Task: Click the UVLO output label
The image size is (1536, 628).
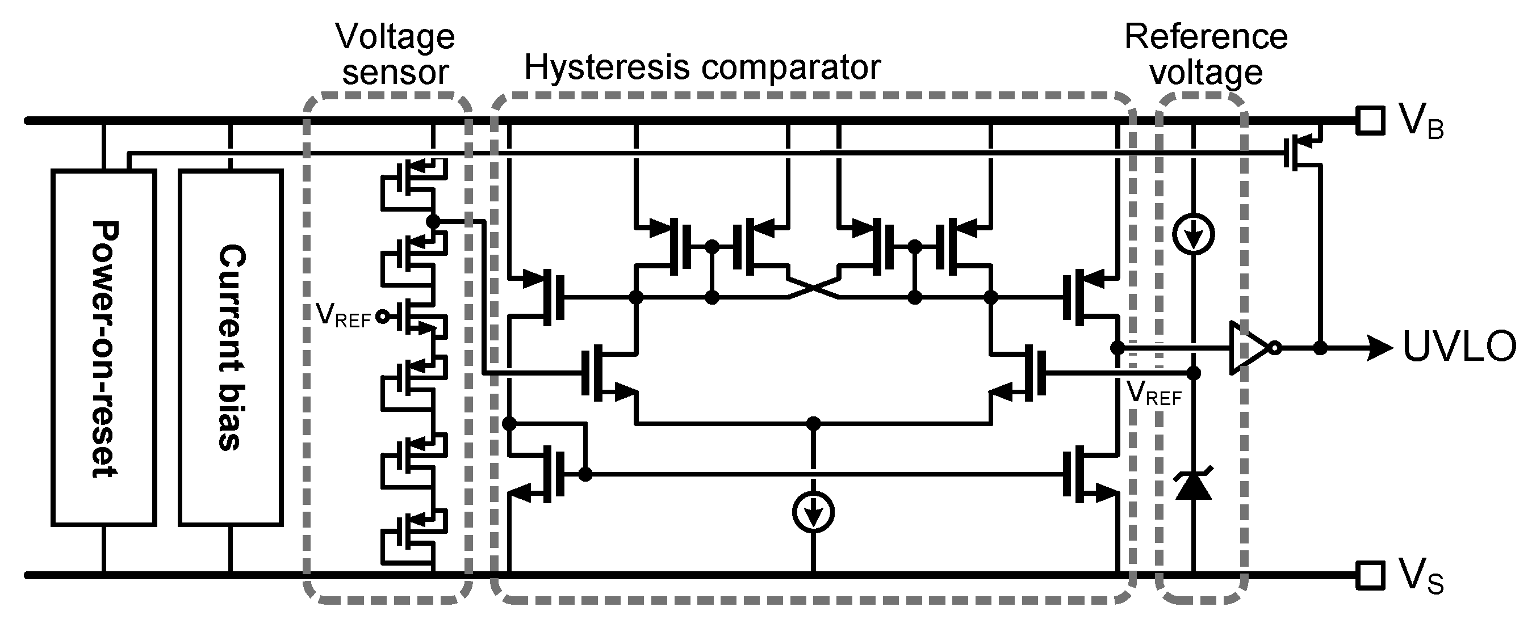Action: pos(1459,347)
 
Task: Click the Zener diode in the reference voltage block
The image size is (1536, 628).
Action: pos(1192,484)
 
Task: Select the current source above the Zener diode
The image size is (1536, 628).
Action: pos(1192,234)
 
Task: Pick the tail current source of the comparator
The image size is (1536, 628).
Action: pos(813,512)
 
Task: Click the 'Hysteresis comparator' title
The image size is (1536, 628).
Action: pos(702,68)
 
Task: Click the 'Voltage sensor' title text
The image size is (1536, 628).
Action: pos(395,54)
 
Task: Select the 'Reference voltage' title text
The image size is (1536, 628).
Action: pos(1206,54)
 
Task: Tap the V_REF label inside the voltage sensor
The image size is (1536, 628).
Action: pos(343,315)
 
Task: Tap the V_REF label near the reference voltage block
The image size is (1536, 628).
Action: pos(1154,394)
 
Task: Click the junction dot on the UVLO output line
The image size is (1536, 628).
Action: pos(1320,348)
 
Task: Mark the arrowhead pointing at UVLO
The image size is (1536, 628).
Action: pos(1381,348)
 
